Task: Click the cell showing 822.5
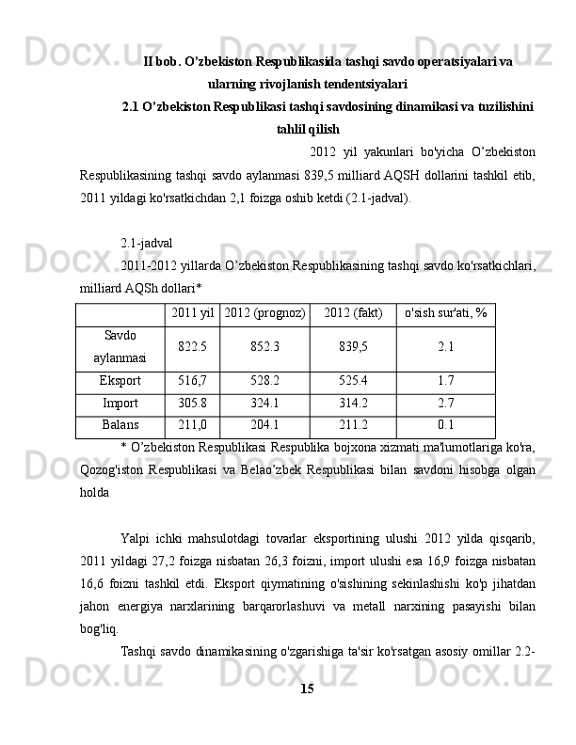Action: (x=192, y=347)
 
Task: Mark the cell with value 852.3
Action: (x=264, y=347)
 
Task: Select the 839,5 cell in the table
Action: (x=353, y=347)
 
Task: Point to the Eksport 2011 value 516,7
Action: (x=192, y=381)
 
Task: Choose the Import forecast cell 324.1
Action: (x=264, y=404)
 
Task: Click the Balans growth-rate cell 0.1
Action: (x=446, y=425)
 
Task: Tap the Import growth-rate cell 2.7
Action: (x=446, y=404)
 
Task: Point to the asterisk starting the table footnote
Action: (x=123, y=445)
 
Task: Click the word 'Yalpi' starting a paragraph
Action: (x=136, y=538)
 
